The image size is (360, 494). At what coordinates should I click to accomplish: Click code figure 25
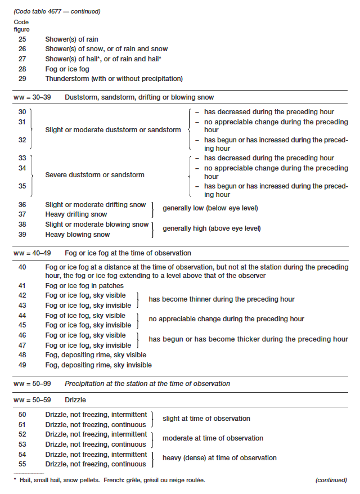pyautogui.click(x=22, y=39)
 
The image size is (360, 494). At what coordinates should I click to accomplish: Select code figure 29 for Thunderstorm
pyautogui.click(x=22, y=79)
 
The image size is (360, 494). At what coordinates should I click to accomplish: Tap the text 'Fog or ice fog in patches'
pyautogui.click(x=80, y=285)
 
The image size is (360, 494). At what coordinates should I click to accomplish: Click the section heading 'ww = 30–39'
pyautogui.click(x=31, y=97)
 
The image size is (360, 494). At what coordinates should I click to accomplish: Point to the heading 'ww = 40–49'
pyautogui.click(x=31, y=253)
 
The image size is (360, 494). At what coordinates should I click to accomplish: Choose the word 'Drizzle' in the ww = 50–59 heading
pyautogui.click(x=75, y=399)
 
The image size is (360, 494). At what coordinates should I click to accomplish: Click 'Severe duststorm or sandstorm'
pyautogui.click(x=94, y=175)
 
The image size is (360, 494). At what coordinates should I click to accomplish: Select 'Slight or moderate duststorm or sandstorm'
pyautogui.click(x=113, y=130)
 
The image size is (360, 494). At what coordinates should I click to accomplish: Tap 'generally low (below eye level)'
pyautogui.click(x=210, y=208)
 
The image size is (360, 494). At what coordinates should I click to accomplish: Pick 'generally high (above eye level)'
pyautogui.click(x=211, y=228)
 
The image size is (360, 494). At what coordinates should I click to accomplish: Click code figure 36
pyautogui.click(x=22, y=205)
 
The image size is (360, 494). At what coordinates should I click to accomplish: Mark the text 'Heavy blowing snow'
pyautogui.click(x=78, y=235)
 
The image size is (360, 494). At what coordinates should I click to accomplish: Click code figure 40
pyautogui.click(x=22, y=267)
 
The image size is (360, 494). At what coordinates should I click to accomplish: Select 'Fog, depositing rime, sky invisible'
pyautogui.click(x=98, y=365)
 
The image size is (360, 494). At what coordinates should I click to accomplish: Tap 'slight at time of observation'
pyautogui.click(x=206, y=419)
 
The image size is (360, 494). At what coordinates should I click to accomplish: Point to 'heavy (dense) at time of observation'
pyautogui.click(x=219, y=458)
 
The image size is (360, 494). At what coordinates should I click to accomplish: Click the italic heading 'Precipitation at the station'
pyautogui.click(x=147, y=384)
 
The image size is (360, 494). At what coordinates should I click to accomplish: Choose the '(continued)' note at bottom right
pyautogui.click(x=331, y=480)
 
